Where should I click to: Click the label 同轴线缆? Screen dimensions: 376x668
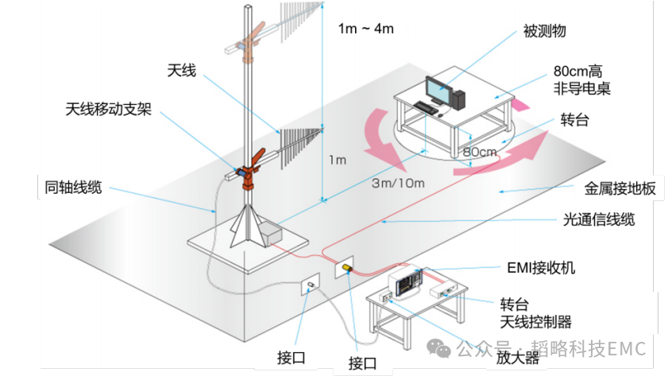click(x=74, y=189)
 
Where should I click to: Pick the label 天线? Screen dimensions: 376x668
click(x=181, y=70)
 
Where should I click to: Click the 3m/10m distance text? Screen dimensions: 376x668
click(x=403, y=184)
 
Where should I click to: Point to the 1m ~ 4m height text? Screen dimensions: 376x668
click(x=366, y=29)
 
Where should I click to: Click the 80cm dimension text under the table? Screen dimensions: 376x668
click(x=480, y=151)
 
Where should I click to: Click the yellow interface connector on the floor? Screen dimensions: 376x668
click(x=349, y=268)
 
